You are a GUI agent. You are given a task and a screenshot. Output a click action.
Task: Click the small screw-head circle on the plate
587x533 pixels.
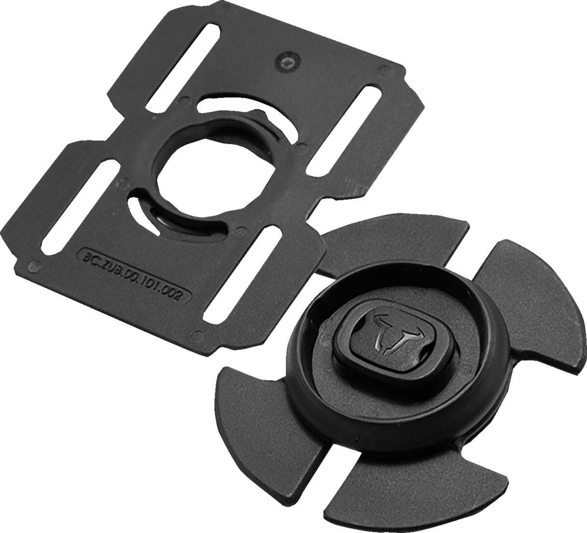(288, 61)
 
